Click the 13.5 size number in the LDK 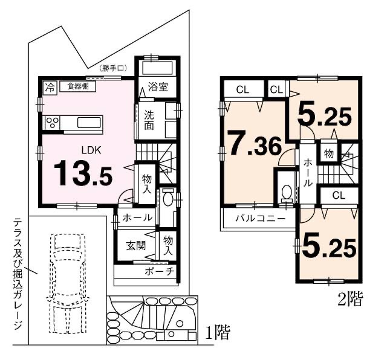(83, 173)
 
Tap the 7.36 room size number (255, 144)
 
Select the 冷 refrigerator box (50, 87)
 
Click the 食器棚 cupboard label (78, 86)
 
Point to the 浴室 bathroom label (158, 87)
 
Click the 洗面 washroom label (149, 121)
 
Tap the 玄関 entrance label (136, 246)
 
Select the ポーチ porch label (160, 271)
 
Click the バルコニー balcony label (261, 219)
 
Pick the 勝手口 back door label (114, 68)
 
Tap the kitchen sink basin (89, 123)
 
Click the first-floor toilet (168, 198)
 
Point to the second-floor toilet (286, 193)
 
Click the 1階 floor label (218, 332)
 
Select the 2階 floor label (350, 299)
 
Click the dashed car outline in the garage (67, 283)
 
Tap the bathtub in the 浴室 (158, 68)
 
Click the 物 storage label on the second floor (328, 153)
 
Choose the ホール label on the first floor (137, 217)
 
